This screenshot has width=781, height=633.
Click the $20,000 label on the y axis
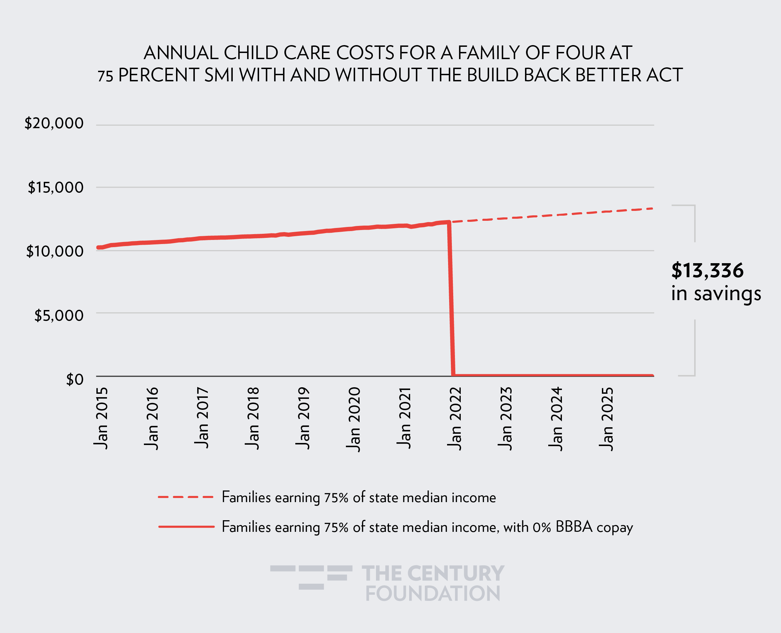[54, 123]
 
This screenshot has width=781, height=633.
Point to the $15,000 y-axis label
[55, 187]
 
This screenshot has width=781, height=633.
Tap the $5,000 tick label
[59, 315]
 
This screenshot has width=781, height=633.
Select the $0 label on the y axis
[75, 380]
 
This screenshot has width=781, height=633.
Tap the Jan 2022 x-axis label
[455, 418]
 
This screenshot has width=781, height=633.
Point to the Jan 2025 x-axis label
[606, 419]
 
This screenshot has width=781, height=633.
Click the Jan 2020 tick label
[353, 419]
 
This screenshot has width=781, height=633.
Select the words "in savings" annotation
[716, 294]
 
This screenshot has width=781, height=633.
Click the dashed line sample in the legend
[185, 497]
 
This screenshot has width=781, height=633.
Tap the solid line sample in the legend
[186, 526]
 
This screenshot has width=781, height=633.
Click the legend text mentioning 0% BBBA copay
[427, 527]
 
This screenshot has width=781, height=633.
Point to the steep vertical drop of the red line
[451, 299]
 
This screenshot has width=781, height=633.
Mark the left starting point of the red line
[98, 247]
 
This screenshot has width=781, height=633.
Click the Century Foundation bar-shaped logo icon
[311, 577]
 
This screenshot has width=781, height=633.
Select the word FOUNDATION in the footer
[432, 594]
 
